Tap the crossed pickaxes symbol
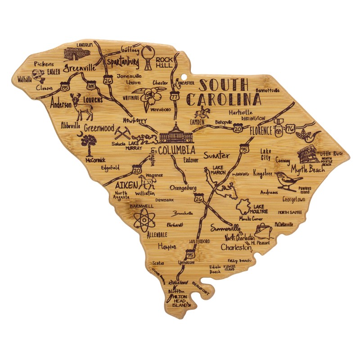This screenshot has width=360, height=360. coord(122,133)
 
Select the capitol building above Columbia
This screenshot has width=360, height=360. coord(176,134)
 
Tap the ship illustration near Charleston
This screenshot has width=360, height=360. coord(262,230)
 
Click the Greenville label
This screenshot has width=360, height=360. coord(79,68)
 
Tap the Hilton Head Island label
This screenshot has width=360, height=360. coord(179,301)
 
